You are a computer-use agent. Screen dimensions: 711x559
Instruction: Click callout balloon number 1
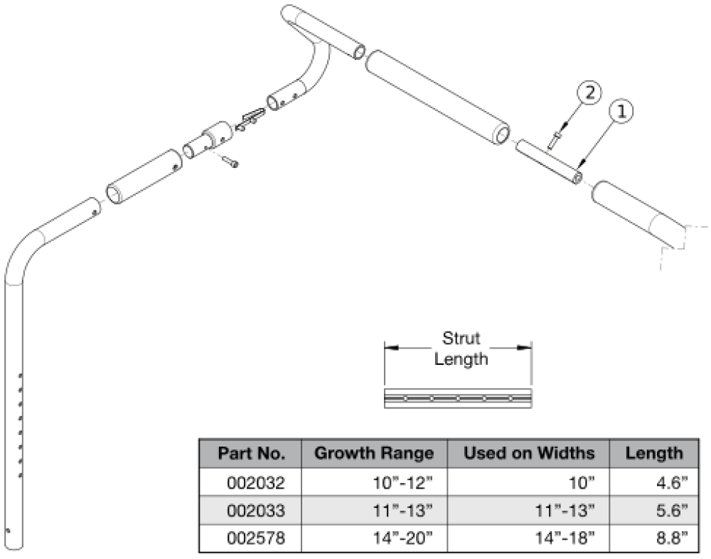pyautogui.click(x=621, y=112)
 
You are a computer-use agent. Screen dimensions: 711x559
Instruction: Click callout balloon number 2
pyautogui.click(x=589, y=93)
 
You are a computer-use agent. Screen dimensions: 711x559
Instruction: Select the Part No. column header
pyautogui.click(x=251, y=453)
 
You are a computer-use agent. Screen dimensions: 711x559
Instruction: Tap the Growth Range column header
pyautogui.click(x=374, y=453)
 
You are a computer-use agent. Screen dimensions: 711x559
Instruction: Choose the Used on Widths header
pyautogui.click(x=529, y=453)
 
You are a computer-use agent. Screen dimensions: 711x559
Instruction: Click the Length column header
pyautogui.click(x=654, y=453)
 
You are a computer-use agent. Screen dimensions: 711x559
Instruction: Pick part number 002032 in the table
pyautogui.click(x=256, y=483)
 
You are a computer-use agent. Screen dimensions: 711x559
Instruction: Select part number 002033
pyautogui.click(x=256, y=511)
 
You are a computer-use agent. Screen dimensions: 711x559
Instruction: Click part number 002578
pyautogui.click(x=256, y=538)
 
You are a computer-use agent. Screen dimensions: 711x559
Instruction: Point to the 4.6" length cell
pyautogui.click(x=672, y=483)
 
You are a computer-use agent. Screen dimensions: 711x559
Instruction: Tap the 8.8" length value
pyautogui.click(x=672, y=538)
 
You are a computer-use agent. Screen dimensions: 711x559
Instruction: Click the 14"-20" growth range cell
pyautogui.click(x=402, y=538)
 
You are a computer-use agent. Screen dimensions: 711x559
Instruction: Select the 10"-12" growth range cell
pyautogui.click(x=402, y=483)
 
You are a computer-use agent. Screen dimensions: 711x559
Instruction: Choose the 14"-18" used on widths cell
pyautogui.click(x=565, y=538)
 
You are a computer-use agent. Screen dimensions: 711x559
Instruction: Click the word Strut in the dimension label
pyautogui.click(x=461, y=339)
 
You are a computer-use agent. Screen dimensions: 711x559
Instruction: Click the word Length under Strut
pyautogui.click(x=461, y=359)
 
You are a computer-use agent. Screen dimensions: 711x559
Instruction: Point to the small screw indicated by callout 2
pyautogui.click(x=555, y=139)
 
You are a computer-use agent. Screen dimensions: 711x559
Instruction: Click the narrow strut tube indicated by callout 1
pyautogui.click(x=550, y=161)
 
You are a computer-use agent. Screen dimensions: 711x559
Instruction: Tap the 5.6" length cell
pyautogui.click(x=672, y=511)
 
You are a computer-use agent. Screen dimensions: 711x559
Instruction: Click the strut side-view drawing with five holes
pyautogui.click(x=458, y=398)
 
